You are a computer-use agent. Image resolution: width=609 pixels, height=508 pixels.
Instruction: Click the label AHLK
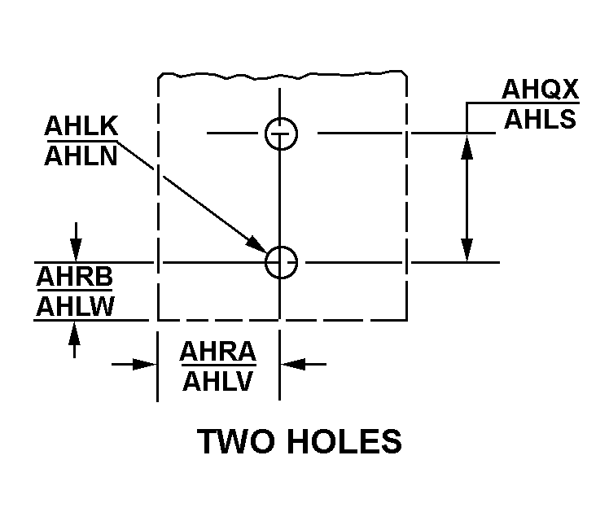tap(82, 128)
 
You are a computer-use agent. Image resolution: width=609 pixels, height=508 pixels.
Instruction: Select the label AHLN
tap(82, 155)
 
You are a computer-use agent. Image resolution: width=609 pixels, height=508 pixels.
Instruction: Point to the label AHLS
tap(540, 119)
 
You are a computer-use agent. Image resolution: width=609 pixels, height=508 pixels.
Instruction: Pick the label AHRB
tap(74, 278)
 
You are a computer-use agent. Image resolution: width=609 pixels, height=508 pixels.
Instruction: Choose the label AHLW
tap(74, 306)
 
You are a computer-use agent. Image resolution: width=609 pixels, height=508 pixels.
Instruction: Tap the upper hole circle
tap(281, 133)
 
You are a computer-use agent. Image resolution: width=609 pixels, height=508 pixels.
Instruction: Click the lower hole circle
tap(281, 263)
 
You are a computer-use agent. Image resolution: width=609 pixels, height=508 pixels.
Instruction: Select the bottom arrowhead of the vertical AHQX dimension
tap(467, 252)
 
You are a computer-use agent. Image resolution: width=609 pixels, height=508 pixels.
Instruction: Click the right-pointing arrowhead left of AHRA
tap(147, 365)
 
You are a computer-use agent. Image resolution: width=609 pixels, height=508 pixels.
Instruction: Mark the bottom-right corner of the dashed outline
tap(406, 319)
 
